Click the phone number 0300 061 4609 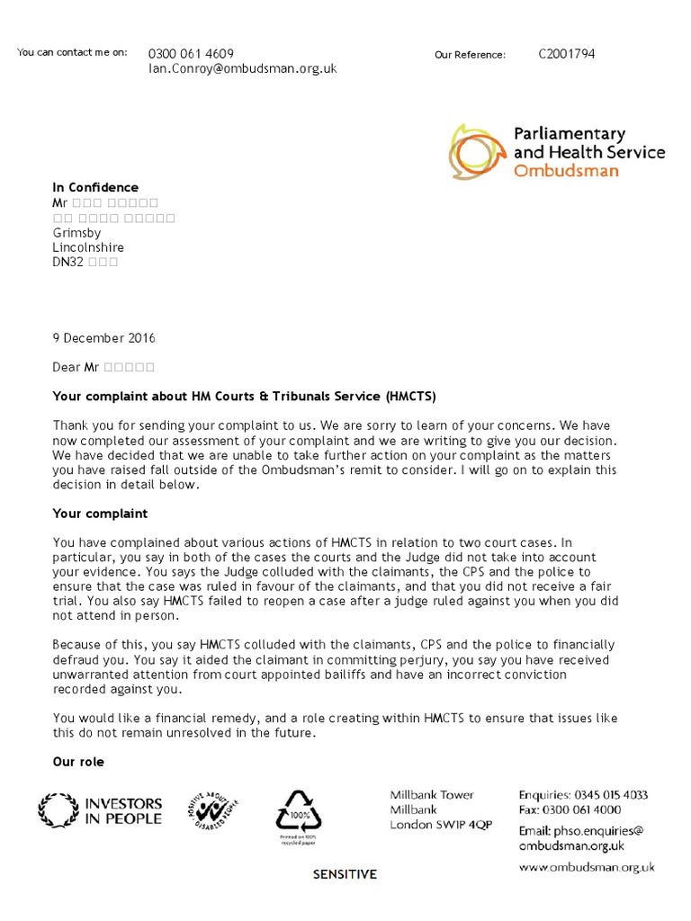[191, 54]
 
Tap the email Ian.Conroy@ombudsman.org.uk [242, 68]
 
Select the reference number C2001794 [566, 54]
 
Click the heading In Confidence [95, 187]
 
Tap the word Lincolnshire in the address [88, 247]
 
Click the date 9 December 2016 [103, 338]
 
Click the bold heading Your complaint [100, 514]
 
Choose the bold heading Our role [78, 762]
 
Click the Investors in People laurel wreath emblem [58, 809]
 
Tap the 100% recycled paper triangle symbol [298, 813]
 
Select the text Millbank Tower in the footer [432, 795]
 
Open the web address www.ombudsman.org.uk [587, 868]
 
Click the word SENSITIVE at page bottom [345, 874]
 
